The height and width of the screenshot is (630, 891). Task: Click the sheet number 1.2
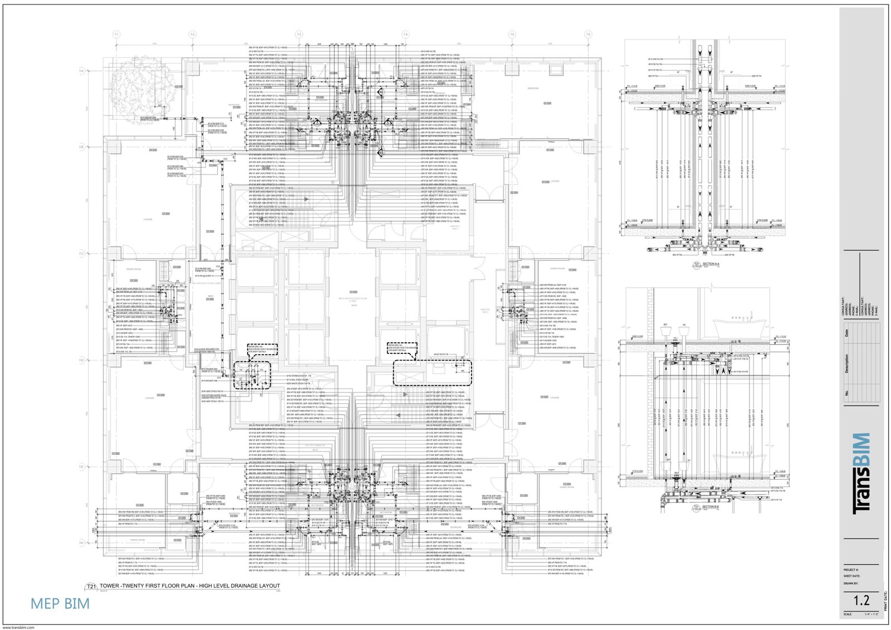[861, 600]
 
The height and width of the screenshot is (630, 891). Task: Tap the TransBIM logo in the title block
[861, 473]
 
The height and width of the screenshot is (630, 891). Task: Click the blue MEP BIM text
[60, 603]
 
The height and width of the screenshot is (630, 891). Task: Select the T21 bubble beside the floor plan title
[91, 587]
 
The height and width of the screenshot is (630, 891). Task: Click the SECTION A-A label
[711, 264]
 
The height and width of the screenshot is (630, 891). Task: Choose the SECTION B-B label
[711, 507]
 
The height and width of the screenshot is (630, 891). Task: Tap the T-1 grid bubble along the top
[116, 35]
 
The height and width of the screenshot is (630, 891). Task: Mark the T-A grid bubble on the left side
[81, 71]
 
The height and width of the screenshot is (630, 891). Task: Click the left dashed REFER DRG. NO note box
[262, 350]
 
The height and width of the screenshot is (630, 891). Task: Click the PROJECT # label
[851, 570]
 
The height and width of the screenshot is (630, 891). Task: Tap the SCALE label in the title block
[848, 614]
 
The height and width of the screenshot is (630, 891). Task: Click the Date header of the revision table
[847, 333]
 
